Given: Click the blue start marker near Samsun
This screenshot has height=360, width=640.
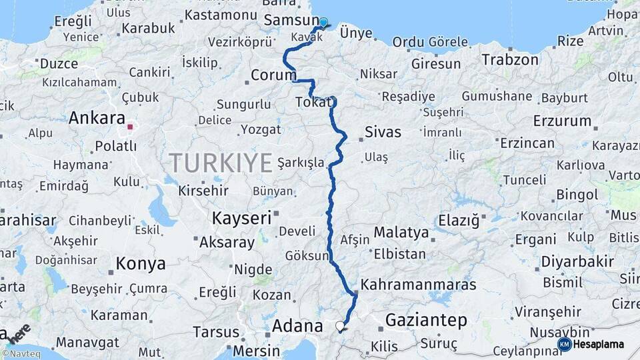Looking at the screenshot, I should click(323, 23).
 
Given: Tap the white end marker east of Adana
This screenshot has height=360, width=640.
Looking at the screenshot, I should click(341, 326).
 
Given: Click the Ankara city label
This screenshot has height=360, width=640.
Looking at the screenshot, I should click(97, 119).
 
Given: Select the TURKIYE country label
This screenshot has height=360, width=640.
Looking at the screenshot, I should click(221, 162).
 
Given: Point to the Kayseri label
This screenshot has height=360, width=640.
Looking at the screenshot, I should click(241, 217).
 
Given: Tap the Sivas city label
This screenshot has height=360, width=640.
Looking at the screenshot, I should click(383, 132).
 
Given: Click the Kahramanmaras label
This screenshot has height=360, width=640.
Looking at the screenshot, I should click(418, 284).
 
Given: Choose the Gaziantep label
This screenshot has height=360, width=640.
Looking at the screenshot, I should click(426, 321).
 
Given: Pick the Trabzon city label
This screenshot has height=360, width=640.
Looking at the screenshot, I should click(510, 60).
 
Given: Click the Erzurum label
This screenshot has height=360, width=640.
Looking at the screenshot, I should click(562, 121).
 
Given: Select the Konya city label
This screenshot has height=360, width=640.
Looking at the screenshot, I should click(141, 263).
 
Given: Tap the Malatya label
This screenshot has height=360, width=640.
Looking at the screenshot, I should click(401, 233).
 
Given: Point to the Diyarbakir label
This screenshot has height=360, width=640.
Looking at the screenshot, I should click(577, 261).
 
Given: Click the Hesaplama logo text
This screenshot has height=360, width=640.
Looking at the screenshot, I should click(599, 344).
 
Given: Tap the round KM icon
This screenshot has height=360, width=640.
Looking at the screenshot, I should click(564, 344).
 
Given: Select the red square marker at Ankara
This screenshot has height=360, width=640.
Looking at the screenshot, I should click(131, 125).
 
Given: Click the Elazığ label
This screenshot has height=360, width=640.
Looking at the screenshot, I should click(459, 220).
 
